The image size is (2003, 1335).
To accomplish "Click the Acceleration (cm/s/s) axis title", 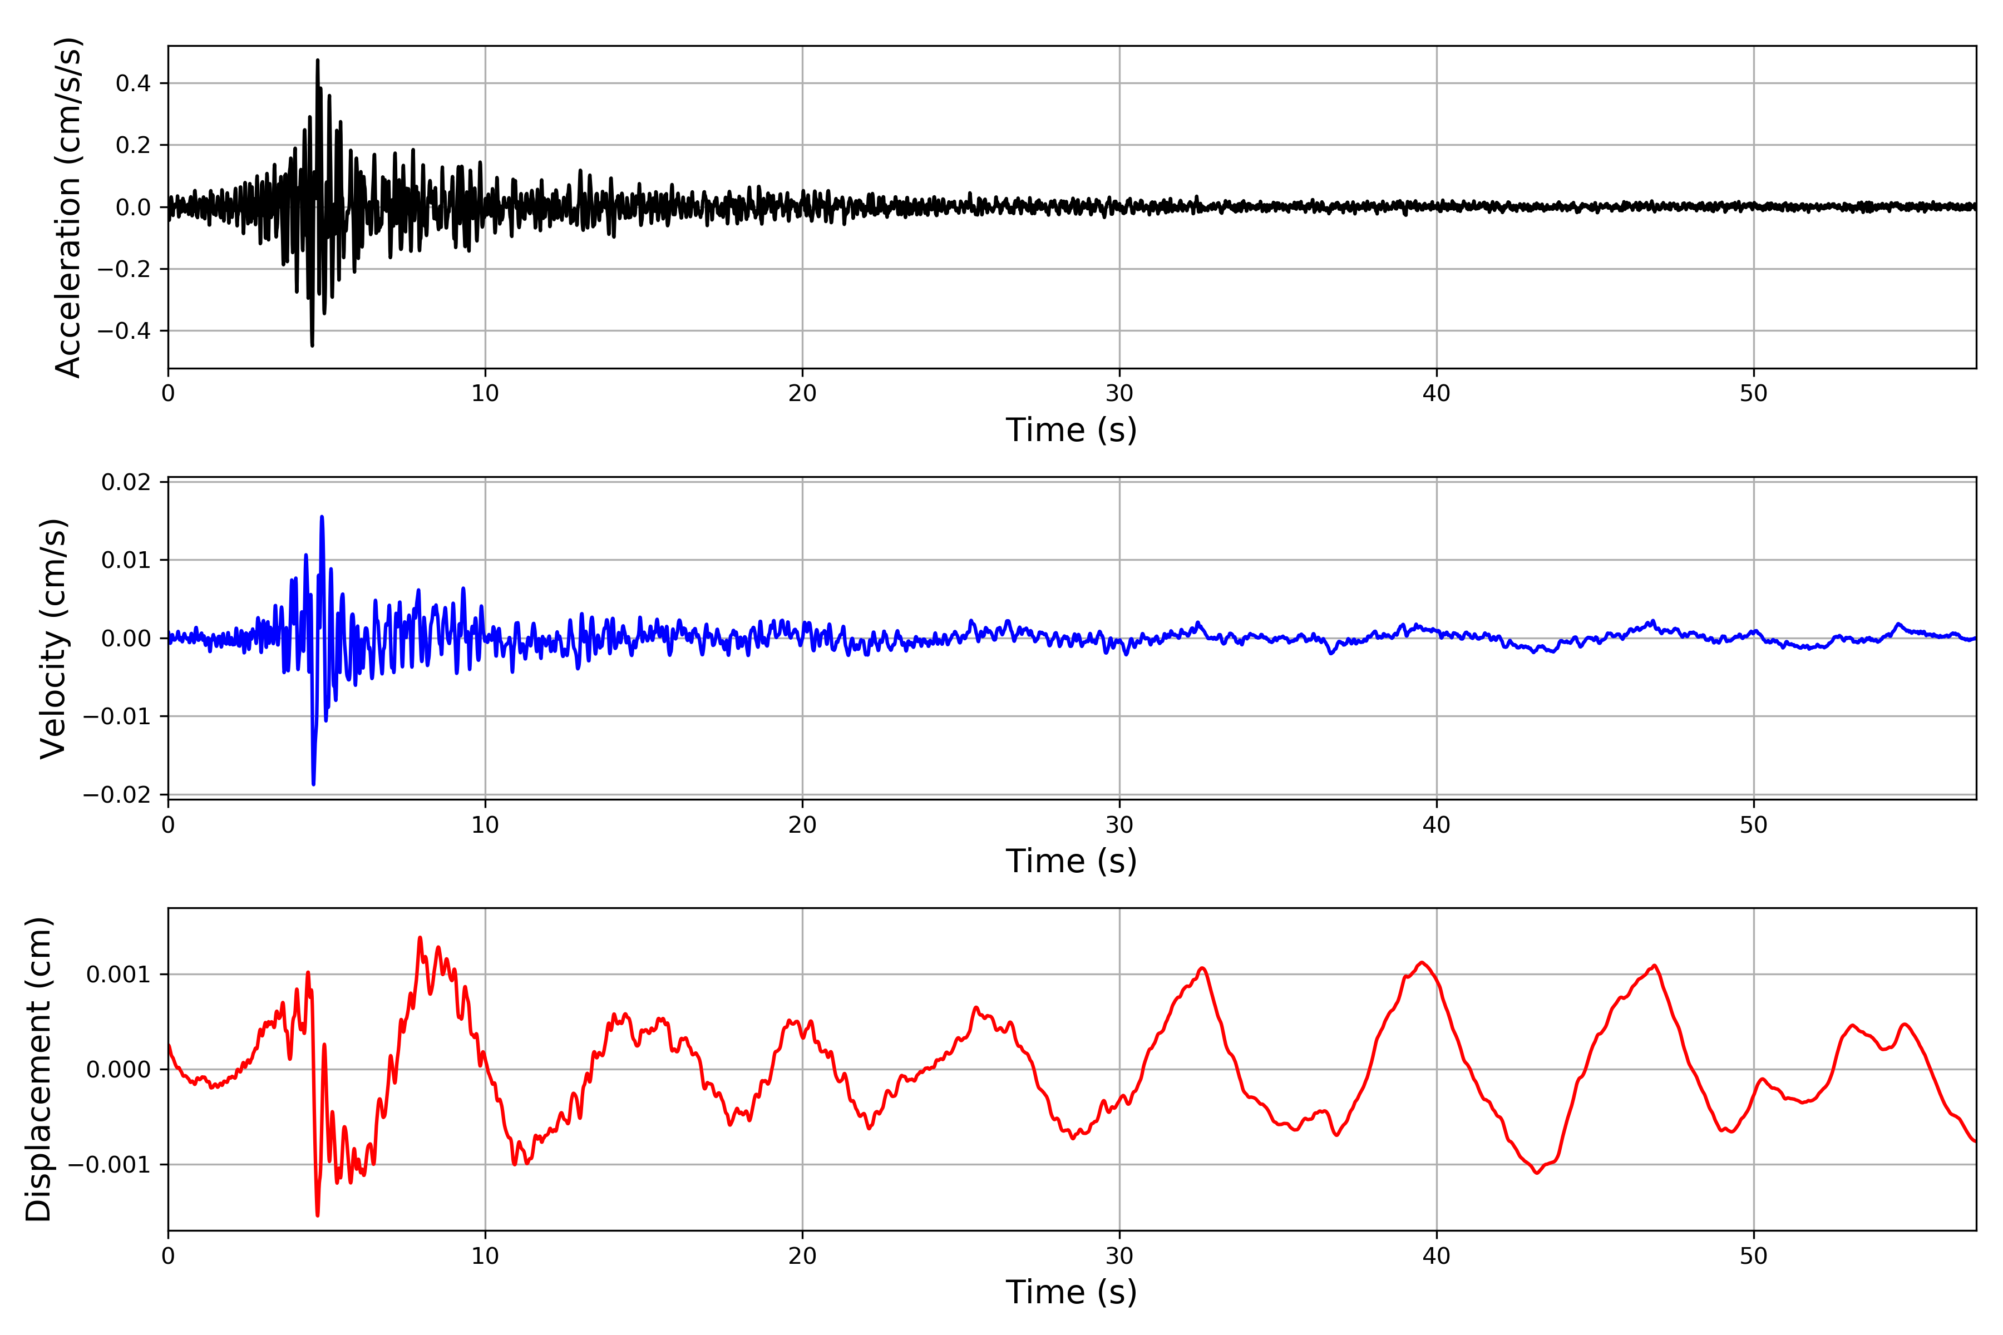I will pyautogui.click(x=68, y=207).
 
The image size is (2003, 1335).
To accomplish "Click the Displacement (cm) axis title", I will pyautogui.click(x=38, y=1069).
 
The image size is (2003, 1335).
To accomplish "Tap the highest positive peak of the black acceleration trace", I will pyautogui.click(x=318, y=61).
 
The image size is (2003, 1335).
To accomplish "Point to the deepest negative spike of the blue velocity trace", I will pyautogui.click(x=313, y=783).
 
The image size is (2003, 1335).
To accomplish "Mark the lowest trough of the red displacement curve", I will pyautogui.click(x=318, y=1215).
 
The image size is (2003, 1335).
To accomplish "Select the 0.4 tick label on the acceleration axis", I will pyautogui.click(x=133, y=83).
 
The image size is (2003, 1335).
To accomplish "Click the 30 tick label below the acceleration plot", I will pyautogui.click(x=1119, y=393).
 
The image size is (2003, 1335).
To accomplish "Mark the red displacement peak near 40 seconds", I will pyautogui.click(x=1422, y=963).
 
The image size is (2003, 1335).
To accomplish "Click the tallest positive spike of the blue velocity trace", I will pyautogui.click(x=322, y=517).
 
